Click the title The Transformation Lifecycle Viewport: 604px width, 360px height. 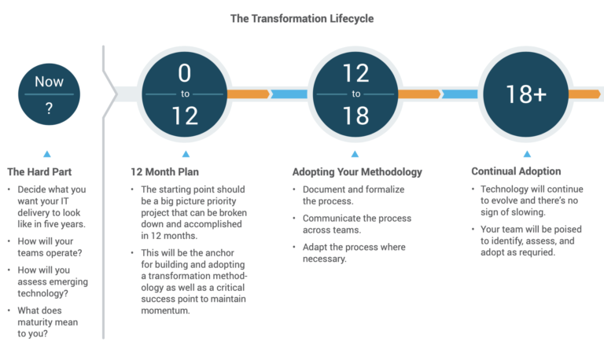(301, 17)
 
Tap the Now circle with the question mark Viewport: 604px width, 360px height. (49, 94)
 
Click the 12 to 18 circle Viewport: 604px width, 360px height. (355, 94)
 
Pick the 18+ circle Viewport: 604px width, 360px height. (526, 94)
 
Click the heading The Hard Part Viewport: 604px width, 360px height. (39, 171)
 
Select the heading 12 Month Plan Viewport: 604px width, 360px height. (165, 171)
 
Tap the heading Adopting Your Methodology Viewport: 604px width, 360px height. (357, 171)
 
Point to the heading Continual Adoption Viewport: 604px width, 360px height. (516, 171)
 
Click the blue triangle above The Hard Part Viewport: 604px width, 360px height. (47, 154)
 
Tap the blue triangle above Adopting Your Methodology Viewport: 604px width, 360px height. (355, 154)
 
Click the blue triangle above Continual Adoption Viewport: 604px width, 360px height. (526, 154)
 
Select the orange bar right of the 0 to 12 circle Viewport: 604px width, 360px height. (248, 94)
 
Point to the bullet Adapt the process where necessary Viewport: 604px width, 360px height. (353, 252)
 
